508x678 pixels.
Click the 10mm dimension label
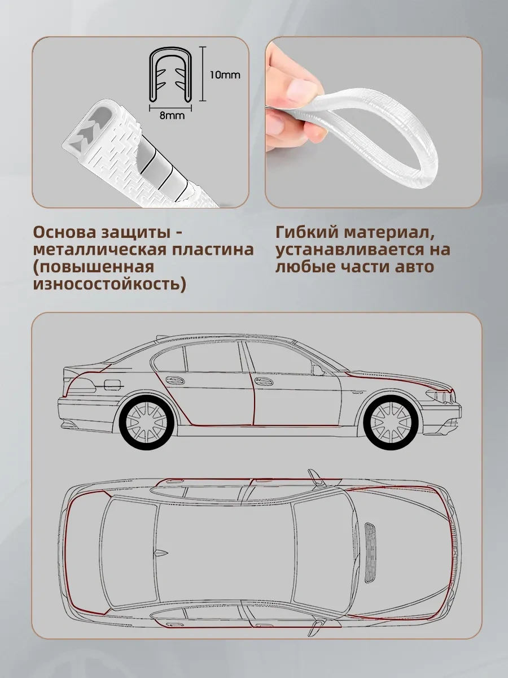click(225, 75)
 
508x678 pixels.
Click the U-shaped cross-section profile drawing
click(171, 74)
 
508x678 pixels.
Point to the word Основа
click(59, 232)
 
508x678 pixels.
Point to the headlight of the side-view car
click(437, 395)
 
